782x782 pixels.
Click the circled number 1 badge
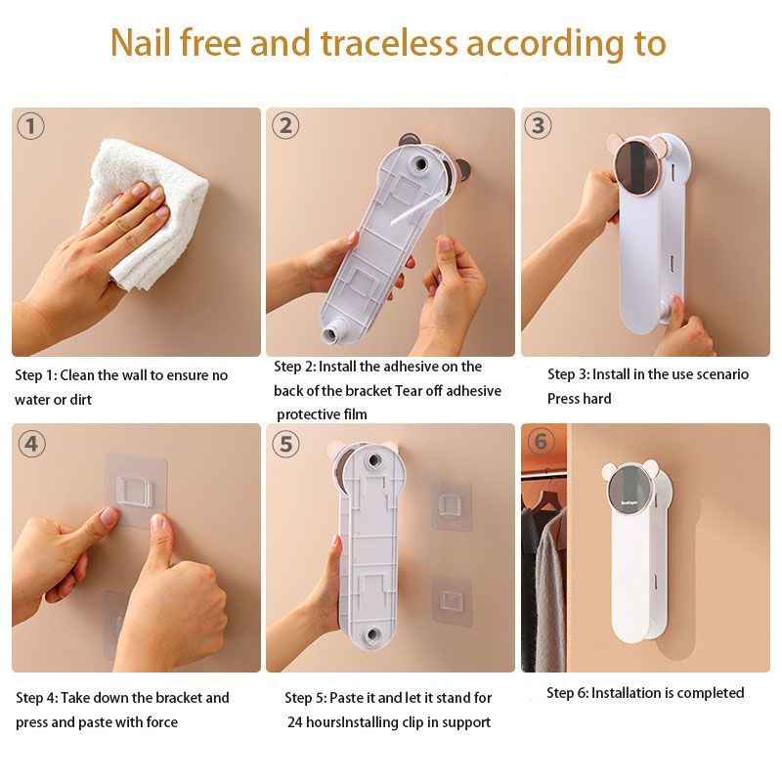(x=31, y=126)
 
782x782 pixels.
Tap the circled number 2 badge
(x=285, y=125)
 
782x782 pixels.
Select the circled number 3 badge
(x=539, y=125)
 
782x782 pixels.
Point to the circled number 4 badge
(x=31, y=443)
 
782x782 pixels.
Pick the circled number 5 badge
(x=285, y=444)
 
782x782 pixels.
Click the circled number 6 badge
(x=541, y=441)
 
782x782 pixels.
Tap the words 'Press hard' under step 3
(x=579, y=399)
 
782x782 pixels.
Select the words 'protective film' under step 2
(x=322, y=414)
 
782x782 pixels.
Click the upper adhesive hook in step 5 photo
(x=452, y=504)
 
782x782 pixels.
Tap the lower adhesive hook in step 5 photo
(x=452, y=596)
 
